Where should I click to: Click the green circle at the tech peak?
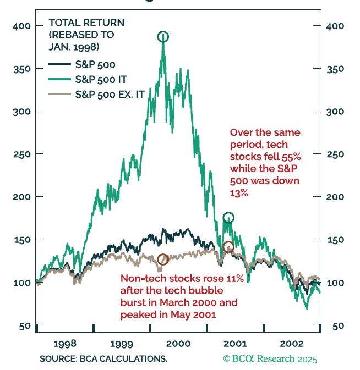pyautogui.click(x=163, y=37)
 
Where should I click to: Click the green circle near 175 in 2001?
pyautogui.click(x=228, y=218)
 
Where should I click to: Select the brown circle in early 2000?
pyautogui.click(x=162, y=259)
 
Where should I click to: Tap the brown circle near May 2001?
pyautogui.click(x=228, y=247)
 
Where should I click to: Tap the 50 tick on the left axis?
pyautogui.click(x=24, y=325)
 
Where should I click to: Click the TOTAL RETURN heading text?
pyautogui.click(x=86, y=23)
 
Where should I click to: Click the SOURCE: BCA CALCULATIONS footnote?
pyautogui.click(x=103, y=358)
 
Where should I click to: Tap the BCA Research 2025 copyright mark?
pyautogui.click(x=270, y=359)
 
